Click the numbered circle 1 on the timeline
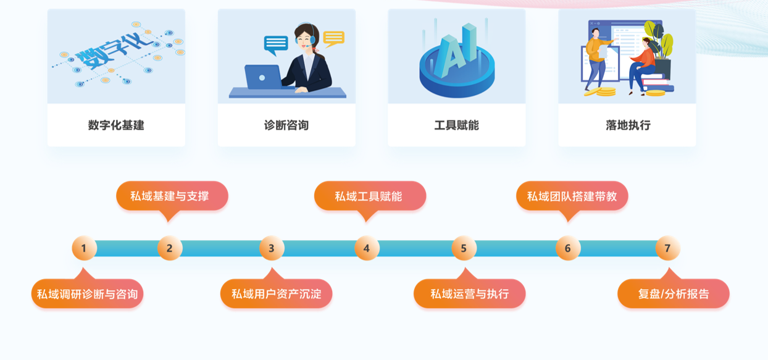84,249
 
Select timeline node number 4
367,249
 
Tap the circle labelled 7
667,249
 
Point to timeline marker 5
464,249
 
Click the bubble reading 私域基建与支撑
172,196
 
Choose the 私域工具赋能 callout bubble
369,196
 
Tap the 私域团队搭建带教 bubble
572,196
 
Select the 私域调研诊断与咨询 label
87,294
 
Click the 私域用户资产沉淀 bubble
276,294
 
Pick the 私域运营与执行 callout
469,294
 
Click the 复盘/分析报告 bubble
673,294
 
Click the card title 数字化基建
116,125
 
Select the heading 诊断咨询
286,125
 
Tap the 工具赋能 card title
457,125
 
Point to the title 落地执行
628,125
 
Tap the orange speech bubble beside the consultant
333,39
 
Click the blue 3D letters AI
456,49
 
